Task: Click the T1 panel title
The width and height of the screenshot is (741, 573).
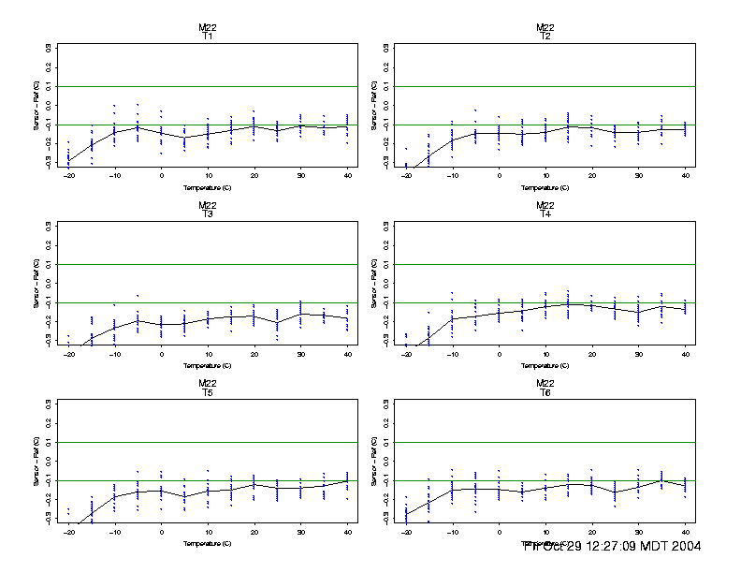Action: (x=208, y=37)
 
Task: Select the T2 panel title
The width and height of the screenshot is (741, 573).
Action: (x=545, y=37)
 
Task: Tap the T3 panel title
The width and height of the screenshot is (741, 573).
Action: (x=208, y=214)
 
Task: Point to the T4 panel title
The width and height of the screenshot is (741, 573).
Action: (x=545, y=214)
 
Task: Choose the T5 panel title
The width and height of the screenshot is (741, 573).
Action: (x=208, y=392)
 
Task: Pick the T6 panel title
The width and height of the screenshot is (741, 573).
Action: (x=545, y=392)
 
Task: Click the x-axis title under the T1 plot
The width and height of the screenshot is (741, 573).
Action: (x=208, y=187)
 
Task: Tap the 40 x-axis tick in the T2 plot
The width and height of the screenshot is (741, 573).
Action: (x=685, y=176)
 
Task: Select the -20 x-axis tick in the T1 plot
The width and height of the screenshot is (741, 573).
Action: (x=67, y=176)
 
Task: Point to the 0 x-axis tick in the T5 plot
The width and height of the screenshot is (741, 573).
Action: (x=161, y=532)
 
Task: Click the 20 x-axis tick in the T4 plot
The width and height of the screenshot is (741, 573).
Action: (x=591, y=354)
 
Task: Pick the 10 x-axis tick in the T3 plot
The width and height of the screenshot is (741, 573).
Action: (x=208, y=354)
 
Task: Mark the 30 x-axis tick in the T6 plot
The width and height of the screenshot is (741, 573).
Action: (x=638, y=532)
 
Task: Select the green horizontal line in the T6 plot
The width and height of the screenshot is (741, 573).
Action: (x=545, y=443)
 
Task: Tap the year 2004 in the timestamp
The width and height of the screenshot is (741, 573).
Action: (x=682, y=546)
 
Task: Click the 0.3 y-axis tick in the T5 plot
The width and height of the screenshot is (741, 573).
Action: (x=48, y=404)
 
